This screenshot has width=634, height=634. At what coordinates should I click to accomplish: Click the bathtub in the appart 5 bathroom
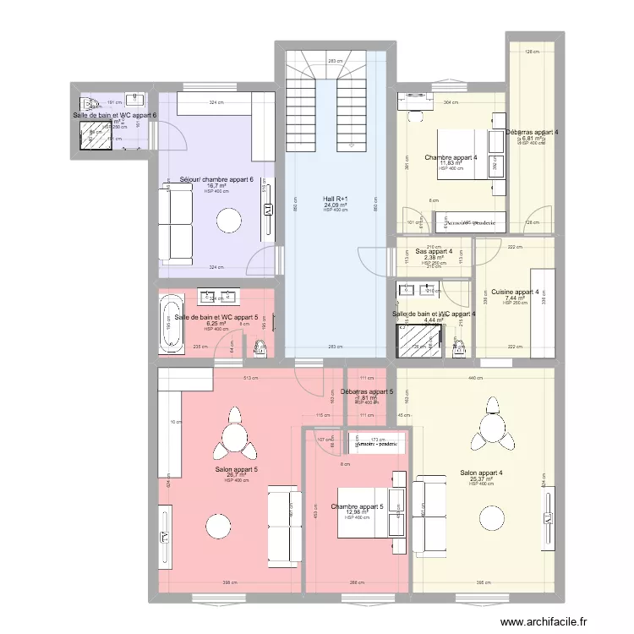click(x=171, y=323)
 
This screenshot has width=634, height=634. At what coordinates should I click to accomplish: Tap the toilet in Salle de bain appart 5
click(x=260, y=345)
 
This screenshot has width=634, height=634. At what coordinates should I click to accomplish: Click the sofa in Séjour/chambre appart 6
click(x=177, y=223)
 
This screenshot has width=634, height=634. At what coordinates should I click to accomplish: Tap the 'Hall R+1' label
click(x=336, y=199)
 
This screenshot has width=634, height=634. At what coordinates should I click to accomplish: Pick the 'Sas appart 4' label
click(x=434, y=251)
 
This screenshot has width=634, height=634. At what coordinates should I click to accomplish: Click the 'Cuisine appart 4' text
click(x=515, y=292)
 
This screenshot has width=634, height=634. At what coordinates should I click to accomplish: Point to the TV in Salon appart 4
click(x=550, y=516)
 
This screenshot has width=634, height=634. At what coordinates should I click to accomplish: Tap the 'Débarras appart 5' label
click(x=367, y=391)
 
